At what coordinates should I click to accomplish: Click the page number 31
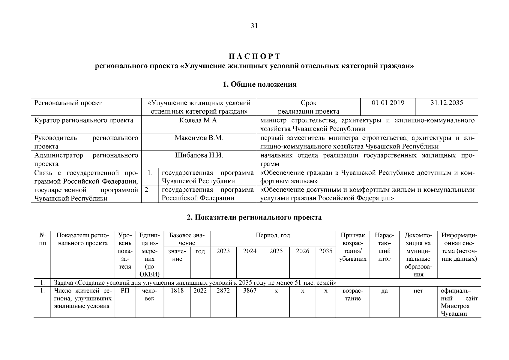(x=254, y=26)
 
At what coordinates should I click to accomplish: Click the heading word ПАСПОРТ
(x=254, y=56)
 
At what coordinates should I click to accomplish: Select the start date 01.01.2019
(x=388, y=103)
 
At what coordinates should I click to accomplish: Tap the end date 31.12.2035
(x=447, y=103)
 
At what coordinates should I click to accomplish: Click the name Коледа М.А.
(x=199, y=120)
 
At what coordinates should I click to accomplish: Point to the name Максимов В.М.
(x=199, y=138)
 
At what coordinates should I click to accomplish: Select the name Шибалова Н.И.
(x=199, y=155)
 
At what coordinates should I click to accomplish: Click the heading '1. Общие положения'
(x=260, y=85)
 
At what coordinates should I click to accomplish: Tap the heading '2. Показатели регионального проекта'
(x=254, y=217)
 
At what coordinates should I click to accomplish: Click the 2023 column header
(x=223, y=251)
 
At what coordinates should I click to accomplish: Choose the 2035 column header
(x=325, y=251)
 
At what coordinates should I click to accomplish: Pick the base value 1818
(x=177, y=291)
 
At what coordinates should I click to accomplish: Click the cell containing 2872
(x=223, y=291)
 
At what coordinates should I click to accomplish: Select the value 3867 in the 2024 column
(x=250, y=291)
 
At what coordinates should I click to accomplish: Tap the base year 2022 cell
(x=200, y=291)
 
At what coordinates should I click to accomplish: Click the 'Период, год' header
(x=273, y=235)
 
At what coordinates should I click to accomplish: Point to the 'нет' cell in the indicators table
(x=418, y=291)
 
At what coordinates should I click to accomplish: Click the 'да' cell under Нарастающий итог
(x=385, y=291)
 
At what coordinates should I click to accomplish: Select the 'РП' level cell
(x=125, y=291)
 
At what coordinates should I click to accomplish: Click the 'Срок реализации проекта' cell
(x=308, y=107)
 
